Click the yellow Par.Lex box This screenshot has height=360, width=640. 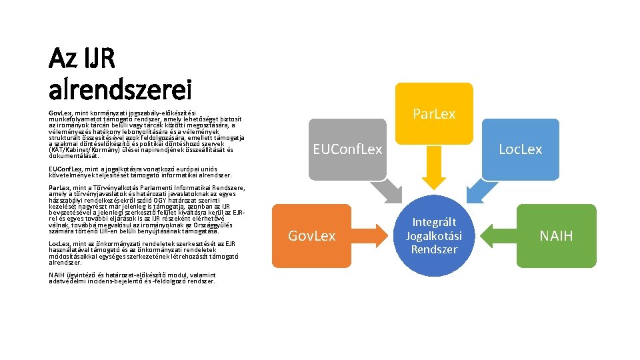(434, 113)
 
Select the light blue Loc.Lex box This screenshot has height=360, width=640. (520, 149)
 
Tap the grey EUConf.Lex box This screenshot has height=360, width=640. (347, 149)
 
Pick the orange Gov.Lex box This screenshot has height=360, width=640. (311, 235)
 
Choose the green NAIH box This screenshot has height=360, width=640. (556, 235)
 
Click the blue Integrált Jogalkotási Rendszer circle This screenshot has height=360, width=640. (434, 236)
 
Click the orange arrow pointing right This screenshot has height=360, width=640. (369, 235)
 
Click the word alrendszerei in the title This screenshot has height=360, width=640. (120, 87)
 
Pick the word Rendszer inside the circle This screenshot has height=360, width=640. (434, 249)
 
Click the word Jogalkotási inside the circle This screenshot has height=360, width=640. (434, 236)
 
